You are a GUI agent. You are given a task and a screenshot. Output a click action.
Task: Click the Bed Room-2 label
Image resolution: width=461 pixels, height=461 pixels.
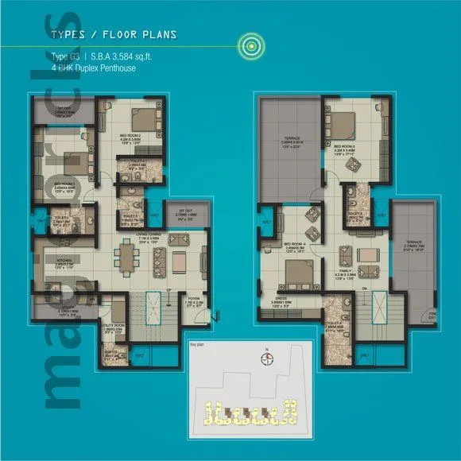click(x=130, y=144)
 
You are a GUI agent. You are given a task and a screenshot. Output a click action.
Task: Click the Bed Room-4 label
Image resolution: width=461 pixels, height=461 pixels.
click(x=282, y=244)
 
